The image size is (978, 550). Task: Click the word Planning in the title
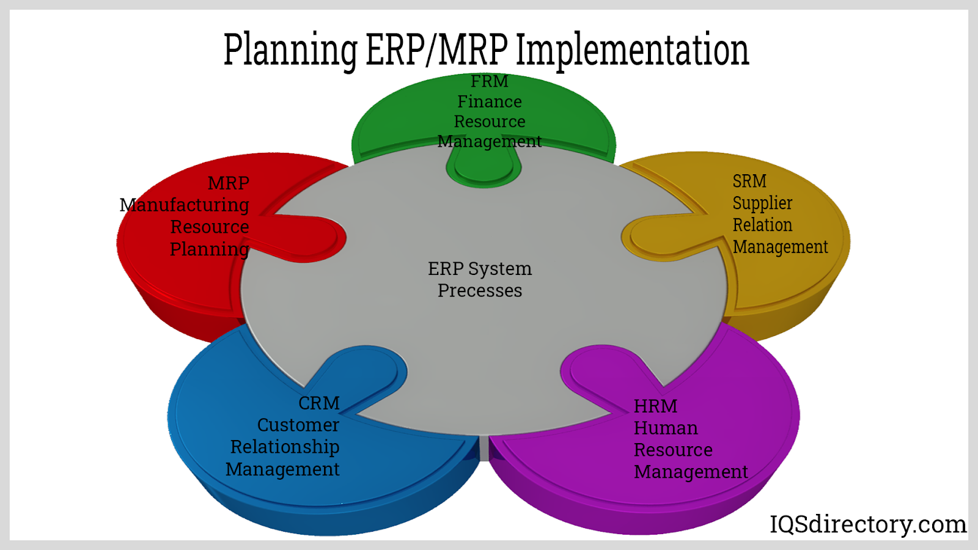click(290, 50)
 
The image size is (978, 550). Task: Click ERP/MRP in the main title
click(436, 49)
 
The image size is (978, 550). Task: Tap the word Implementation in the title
click(633, 50)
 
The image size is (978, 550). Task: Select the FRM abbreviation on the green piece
click(489, 81)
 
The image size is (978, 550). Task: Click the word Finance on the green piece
click(490, 101)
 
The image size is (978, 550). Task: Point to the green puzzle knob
click(483, 168)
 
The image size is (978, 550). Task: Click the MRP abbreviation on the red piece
click(229, 183)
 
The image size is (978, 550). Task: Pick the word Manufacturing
click(184, 205)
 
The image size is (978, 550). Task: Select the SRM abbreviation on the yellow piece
click(749, 181)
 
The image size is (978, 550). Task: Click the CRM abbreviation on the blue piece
click(318, 403)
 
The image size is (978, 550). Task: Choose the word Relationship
click(285, 447)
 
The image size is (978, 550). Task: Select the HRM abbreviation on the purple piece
click(655, 406)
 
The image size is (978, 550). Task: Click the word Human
click(666, 428)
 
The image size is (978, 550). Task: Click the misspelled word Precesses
click(480, 291)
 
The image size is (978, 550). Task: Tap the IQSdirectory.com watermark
click(868, 525)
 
